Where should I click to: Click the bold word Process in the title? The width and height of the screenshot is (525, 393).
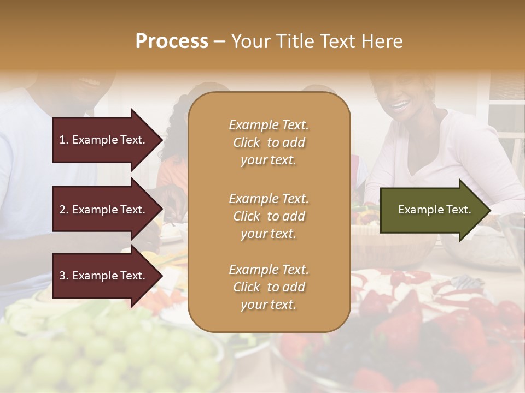click(172, 41)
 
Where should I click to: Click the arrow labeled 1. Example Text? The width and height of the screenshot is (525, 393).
click(104, 140)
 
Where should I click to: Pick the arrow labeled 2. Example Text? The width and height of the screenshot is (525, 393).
click(104, 210)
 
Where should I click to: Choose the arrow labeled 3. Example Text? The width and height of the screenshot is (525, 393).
click(104, 276)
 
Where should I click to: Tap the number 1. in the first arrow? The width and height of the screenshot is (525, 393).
click(64, 140)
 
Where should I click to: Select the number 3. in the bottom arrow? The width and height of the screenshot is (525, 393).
click(64, 276)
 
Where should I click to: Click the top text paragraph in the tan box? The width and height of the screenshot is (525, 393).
click(269, 142)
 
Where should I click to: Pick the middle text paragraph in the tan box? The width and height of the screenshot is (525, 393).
click(269, 216)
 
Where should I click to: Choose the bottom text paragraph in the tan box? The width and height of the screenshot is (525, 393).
click(269, 287)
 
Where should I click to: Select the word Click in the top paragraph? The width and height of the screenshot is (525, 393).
click(247, 142)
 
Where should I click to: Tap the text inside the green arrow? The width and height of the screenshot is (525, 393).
click(434, 210)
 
